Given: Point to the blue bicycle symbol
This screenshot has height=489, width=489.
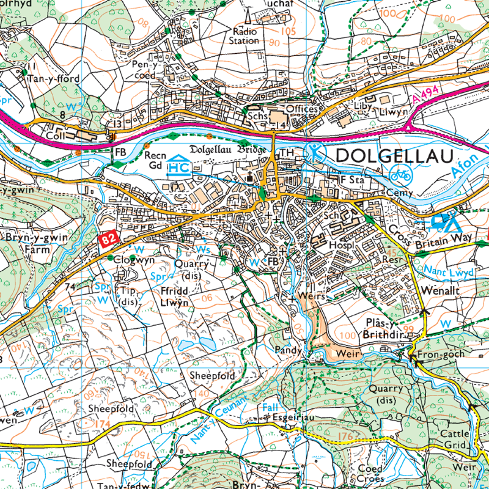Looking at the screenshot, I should (401, 175).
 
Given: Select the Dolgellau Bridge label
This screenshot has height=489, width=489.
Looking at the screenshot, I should (227, 150).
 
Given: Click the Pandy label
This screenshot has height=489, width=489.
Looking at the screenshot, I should (285, 351).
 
